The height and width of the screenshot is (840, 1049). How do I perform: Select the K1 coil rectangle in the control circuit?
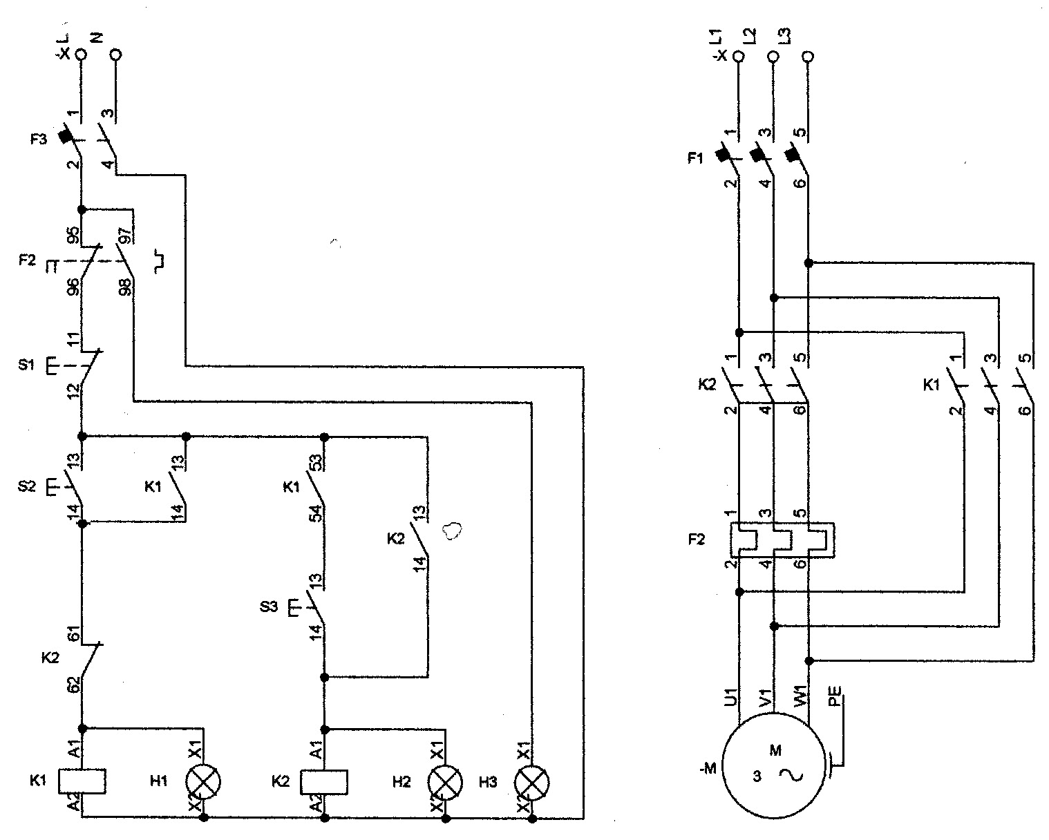82,781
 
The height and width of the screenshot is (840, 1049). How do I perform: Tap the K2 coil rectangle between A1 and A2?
323,781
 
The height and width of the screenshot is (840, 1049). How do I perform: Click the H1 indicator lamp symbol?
203,781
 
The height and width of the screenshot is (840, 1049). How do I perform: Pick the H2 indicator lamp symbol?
446,781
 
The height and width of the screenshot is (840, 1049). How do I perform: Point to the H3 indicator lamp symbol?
532,781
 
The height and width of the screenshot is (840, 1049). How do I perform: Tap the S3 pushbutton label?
269,608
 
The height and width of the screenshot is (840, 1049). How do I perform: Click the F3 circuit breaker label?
38,139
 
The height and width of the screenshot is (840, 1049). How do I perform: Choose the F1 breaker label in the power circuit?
694,158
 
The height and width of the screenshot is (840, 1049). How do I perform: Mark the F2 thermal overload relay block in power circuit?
782,540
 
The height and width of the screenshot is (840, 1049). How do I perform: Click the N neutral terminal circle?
116,54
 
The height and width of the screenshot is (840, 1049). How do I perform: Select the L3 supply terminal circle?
808,55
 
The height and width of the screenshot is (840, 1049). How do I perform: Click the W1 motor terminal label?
800,695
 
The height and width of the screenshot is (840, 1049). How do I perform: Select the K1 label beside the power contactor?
932,385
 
